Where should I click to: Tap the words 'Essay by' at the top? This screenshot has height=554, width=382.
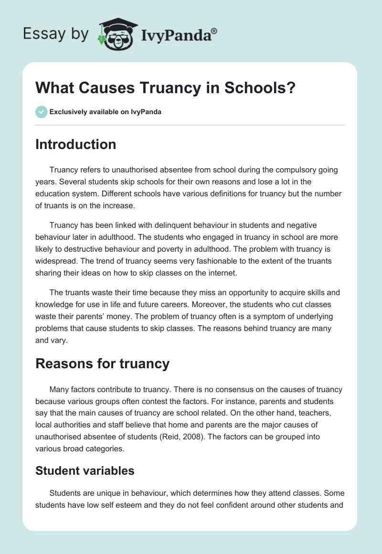(56, 34)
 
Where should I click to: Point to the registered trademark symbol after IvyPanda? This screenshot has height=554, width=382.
(215, 30)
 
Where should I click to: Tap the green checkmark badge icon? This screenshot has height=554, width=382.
(41, 112)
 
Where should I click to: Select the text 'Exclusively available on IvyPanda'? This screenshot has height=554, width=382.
(106, 112)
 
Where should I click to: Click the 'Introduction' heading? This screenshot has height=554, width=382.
(75, 144)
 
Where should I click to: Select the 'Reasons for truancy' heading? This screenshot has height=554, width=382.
(102, 363)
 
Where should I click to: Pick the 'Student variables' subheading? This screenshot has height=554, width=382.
(85, 470)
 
